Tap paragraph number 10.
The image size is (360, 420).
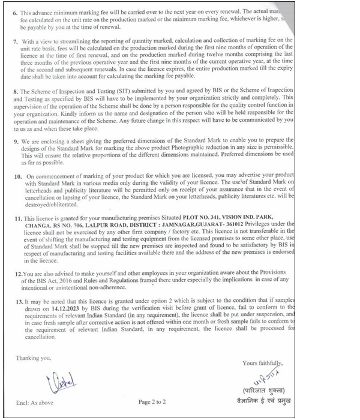[18, 178]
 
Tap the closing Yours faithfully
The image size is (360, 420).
[262, 362]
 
